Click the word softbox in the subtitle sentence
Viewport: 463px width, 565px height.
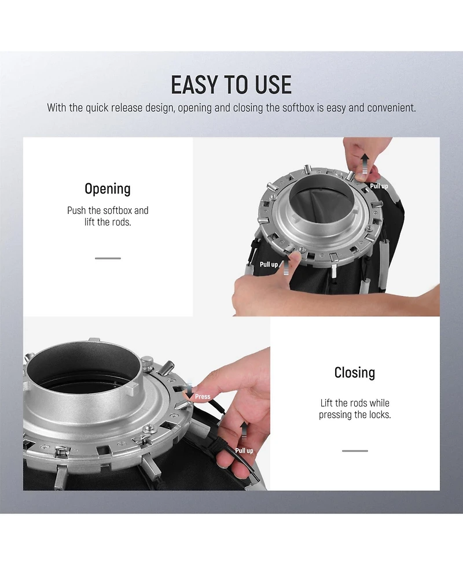tap(298, 108)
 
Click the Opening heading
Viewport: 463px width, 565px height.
tap(108, 189)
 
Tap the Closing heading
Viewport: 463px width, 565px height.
tap(355, 372)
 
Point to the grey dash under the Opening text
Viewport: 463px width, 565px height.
tap(108, 259)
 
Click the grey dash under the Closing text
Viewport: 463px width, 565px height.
tap(355, 450)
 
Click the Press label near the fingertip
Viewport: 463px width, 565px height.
tap(203, 397)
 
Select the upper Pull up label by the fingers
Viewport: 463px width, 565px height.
tap(379, 186)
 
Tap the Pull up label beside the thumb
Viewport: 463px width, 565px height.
tap(269, 264)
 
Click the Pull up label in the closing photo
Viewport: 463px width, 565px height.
tap(244, 450)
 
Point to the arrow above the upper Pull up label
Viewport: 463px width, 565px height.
tap(365, 163)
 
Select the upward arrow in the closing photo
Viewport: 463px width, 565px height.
tap(244, 431)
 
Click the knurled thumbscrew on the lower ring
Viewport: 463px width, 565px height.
tap(147, 363)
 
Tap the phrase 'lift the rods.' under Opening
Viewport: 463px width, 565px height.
tap(108, 222)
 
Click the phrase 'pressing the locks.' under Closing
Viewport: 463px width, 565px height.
tap(355, 415)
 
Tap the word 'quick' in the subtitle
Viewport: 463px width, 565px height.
tap(97, 108)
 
